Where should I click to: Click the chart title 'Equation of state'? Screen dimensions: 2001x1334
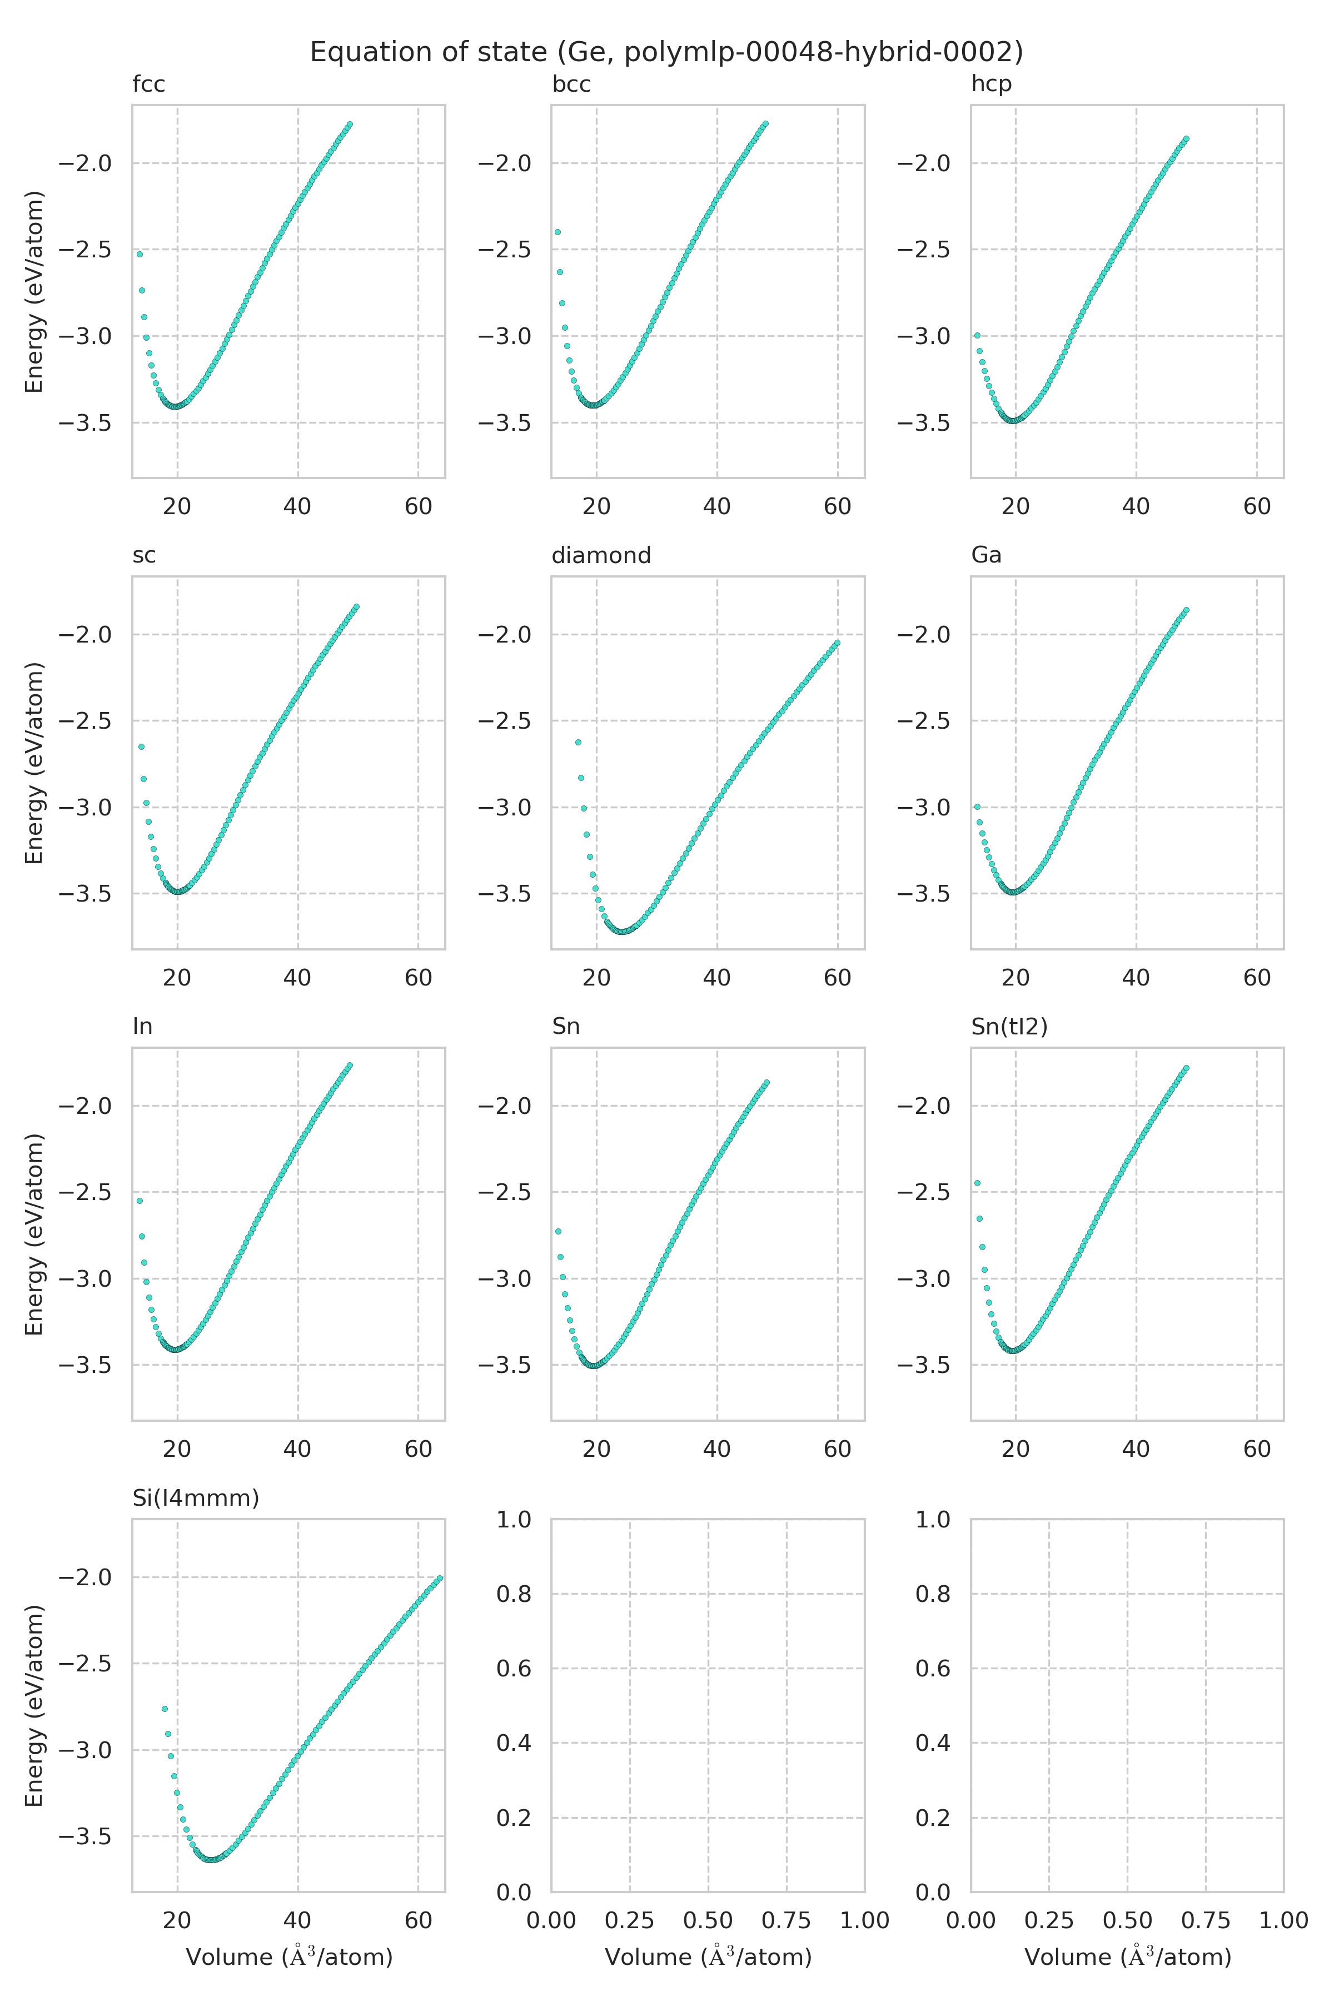(x=666, y=53)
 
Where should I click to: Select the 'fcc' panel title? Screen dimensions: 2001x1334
(x=149, y=85)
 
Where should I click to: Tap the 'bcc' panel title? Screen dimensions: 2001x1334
(x=571, y=85)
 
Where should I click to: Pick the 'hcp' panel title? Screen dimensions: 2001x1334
(x=991, y=85)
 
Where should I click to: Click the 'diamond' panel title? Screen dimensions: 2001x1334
(x=601, y=555)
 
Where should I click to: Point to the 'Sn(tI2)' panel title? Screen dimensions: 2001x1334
(x=1009, y=1027)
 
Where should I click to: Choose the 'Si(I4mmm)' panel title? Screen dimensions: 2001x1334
(x=196, y=1498)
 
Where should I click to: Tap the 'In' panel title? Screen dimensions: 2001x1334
(x=142, y=1027)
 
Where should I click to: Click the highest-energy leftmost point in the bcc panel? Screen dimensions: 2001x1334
(x=558, y=231)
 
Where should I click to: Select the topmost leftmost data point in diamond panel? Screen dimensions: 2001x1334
(x=579, y=742)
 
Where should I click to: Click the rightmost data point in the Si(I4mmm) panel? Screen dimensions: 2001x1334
(x=440, y=1578)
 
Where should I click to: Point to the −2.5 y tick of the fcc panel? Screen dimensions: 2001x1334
(x=85, y=250)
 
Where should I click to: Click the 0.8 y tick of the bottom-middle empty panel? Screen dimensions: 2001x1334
(x=514, y=1594)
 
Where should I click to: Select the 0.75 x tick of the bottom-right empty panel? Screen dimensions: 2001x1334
(x=1206, y=1920)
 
